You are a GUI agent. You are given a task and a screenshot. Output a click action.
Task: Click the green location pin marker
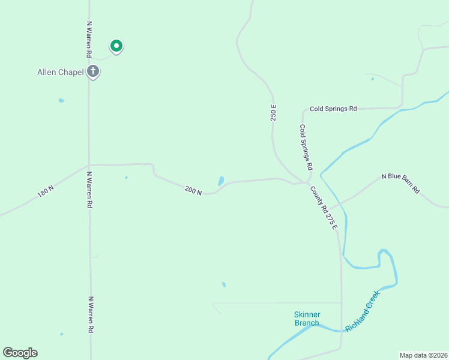[116, 46]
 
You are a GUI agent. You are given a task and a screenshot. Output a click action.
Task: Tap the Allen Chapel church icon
[92, 72]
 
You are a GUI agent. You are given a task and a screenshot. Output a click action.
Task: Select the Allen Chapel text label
[61, 73]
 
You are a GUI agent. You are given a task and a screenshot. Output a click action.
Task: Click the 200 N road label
[193, 190]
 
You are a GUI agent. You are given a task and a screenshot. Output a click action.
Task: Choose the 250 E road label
[274, 113]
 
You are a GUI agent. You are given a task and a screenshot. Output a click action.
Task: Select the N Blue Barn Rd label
[401, 184]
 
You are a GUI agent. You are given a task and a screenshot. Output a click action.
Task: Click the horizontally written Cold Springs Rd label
[333, 109]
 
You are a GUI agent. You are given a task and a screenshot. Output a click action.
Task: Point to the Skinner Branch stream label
[307, 319]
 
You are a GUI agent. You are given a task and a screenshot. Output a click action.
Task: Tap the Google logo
[20, 353]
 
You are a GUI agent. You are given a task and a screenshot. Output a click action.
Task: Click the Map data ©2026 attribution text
[423, 355]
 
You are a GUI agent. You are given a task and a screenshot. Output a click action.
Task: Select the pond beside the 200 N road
[221, 181]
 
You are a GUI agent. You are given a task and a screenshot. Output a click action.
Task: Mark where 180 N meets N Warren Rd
[89, 166]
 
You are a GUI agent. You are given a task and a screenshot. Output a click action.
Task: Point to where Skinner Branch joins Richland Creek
[342, 330]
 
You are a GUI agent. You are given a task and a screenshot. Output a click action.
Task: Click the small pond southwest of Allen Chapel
[61, 100]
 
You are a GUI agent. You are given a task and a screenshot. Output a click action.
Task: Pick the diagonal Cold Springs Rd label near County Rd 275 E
[307, 146]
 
